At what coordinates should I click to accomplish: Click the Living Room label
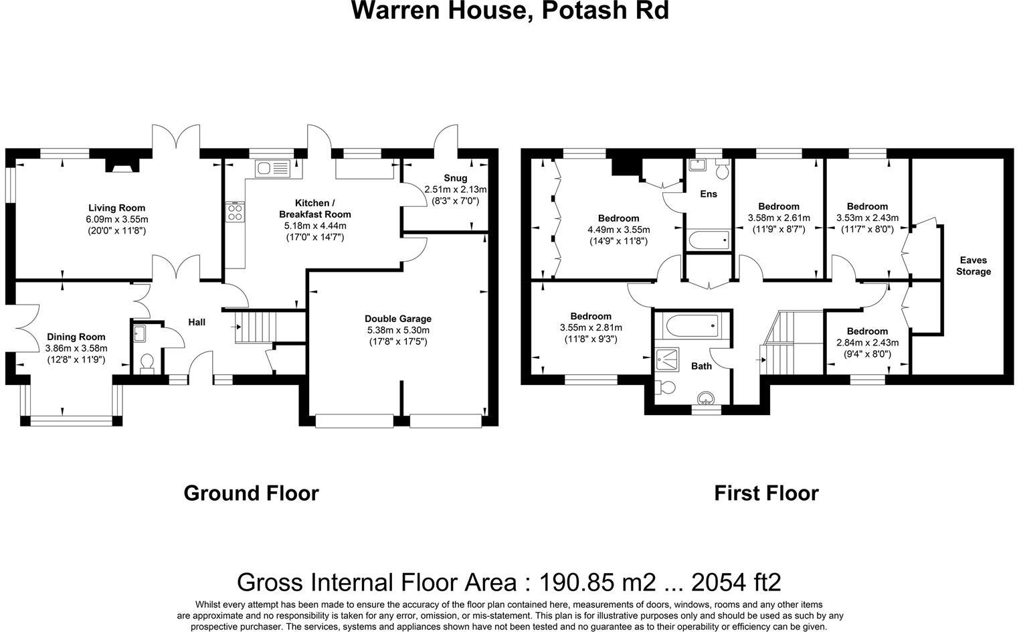click(116, 208)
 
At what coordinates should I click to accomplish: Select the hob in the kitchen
click(236, 212)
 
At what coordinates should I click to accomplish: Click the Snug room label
click(455, 178)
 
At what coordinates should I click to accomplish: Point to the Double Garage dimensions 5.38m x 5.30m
click(397, 330)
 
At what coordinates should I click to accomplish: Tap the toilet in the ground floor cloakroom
click(147, 363)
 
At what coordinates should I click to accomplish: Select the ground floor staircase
click(256, 327)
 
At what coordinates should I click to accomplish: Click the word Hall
click(196, 322)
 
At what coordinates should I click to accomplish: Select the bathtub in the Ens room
click(708, 239)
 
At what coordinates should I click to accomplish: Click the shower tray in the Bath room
click(667, 360)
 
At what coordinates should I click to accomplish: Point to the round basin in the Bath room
click(706, 400)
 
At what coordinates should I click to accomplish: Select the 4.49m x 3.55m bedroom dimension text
click(618, 230)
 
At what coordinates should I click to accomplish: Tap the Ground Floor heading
click(251, 493)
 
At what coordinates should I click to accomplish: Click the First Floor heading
click(766, 493)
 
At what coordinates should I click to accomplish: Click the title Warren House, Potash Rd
click(510, 11)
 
